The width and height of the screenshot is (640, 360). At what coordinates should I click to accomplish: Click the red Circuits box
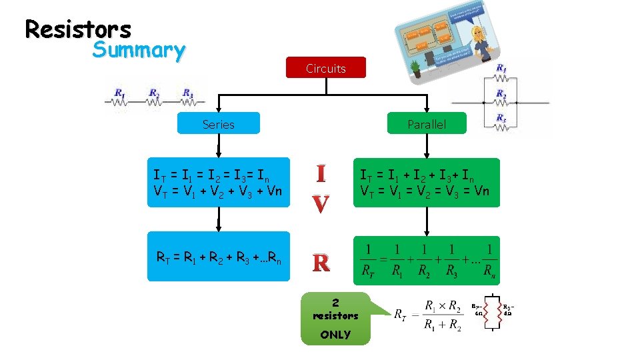[325, 68]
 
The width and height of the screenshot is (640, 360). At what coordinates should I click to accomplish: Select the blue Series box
[218, 124]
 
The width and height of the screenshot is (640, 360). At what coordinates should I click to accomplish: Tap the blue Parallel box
[427, 124]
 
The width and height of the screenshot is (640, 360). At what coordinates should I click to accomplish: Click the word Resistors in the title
[78, 29]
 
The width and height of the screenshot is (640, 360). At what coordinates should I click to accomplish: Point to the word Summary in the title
[139, 50]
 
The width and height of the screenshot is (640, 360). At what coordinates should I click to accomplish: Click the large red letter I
[321, 175]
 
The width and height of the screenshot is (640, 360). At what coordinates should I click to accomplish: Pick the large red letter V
[321, 204]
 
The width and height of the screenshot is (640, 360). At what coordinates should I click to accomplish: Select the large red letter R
[321, 263]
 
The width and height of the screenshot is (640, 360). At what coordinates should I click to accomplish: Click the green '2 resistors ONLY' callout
[335, 319]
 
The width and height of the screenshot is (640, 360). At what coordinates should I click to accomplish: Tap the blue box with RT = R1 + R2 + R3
[219, 256]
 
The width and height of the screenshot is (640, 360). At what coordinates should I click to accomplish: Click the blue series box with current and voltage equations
[219, 182]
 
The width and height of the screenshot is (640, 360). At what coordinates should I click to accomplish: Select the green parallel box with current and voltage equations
[426, 182]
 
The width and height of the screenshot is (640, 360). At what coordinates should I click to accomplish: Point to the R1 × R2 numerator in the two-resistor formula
[441, 307]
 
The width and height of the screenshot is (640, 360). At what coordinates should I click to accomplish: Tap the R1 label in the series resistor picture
[119, 93]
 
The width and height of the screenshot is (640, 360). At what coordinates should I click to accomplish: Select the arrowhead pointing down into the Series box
[219, 111]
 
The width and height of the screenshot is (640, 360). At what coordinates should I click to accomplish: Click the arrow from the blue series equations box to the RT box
[219, 219]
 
